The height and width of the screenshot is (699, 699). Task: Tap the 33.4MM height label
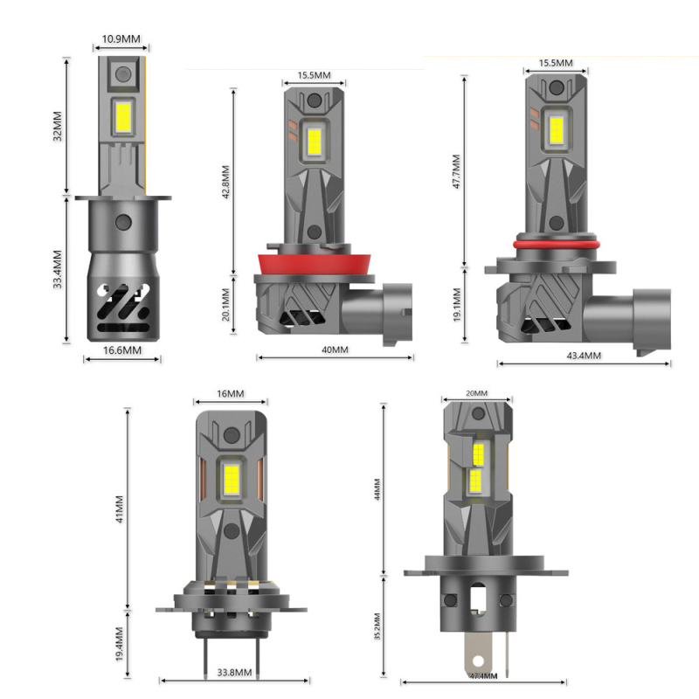click(59, 270)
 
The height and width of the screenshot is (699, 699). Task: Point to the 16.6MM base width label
click(122, 350)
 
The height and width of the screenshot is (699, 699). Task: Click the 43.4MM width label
click(584, 356)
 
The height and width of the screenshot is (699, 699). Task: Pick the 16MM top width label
click(230, 394)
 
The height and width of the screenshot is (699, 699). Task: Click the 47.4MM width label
click(482, 675)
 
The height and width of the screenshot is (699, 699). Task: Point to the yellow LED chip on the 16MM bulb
click(231, 473)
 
